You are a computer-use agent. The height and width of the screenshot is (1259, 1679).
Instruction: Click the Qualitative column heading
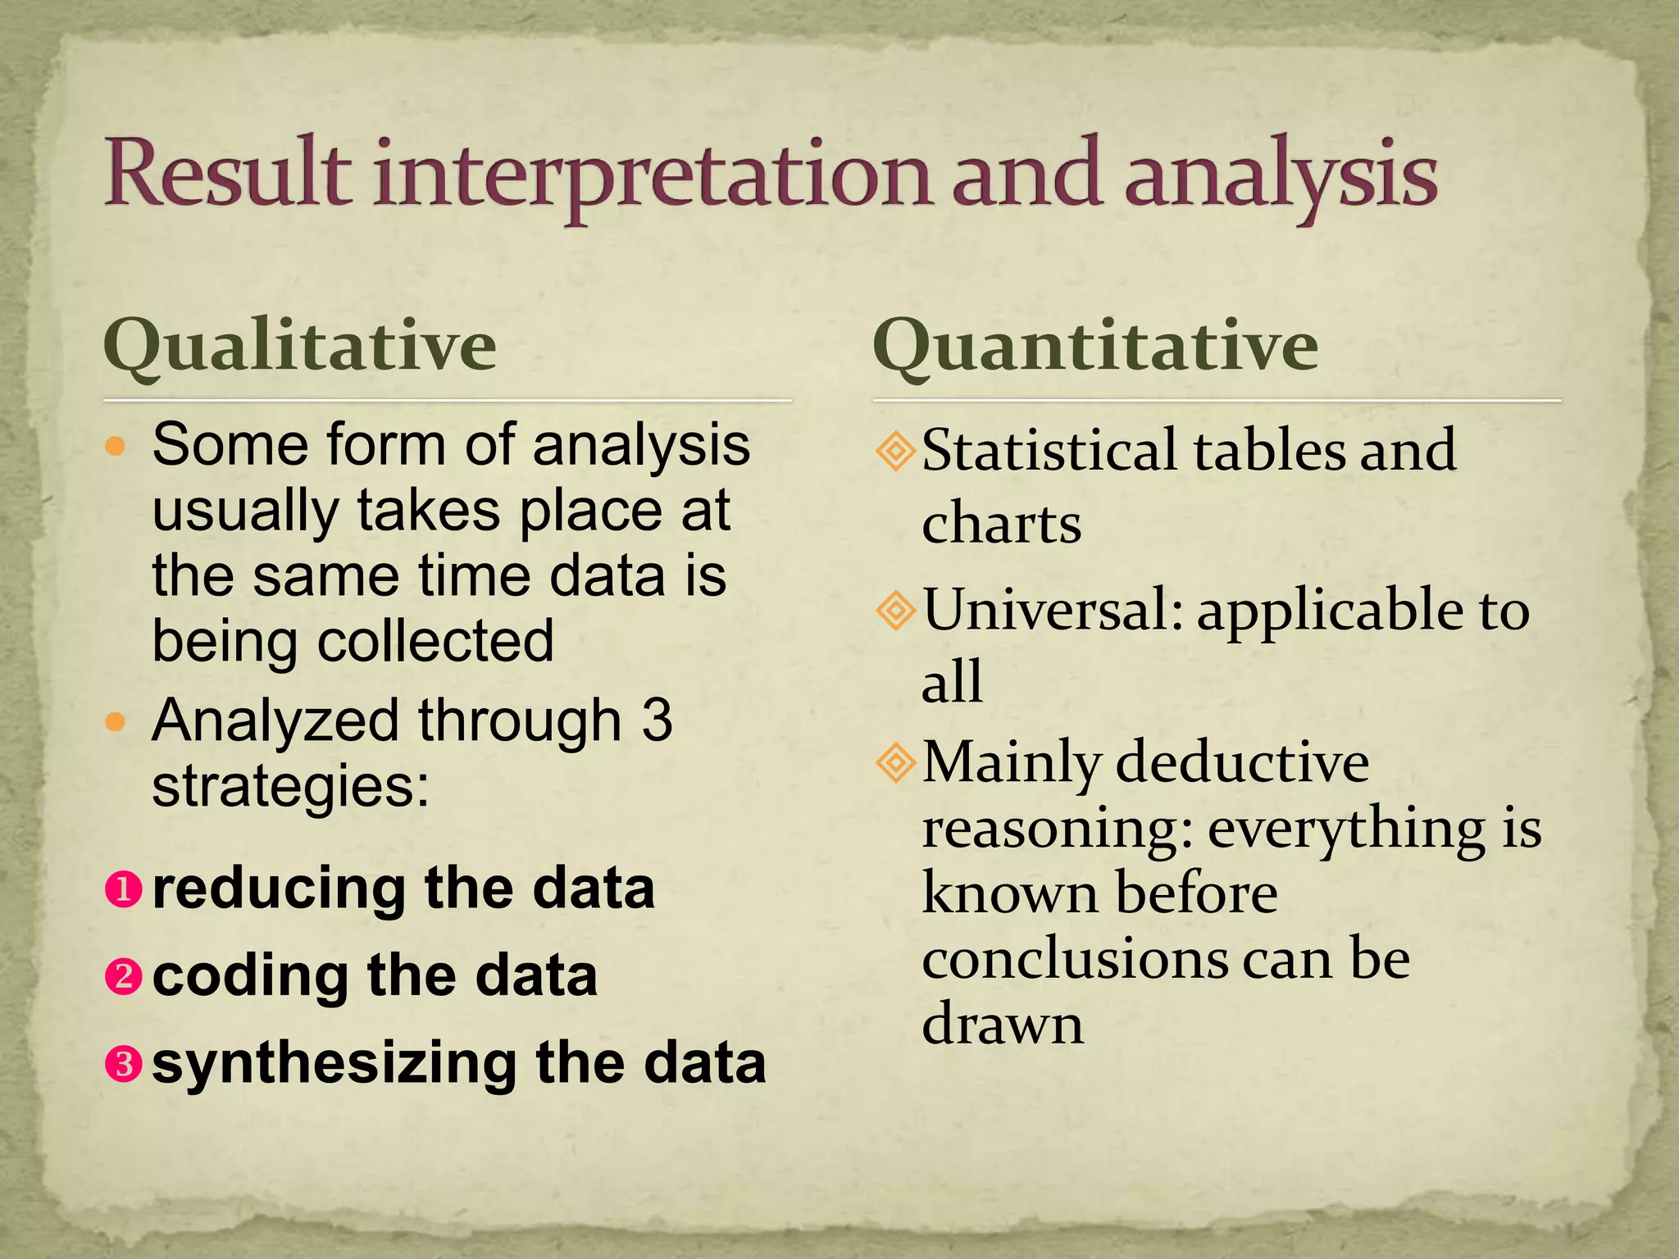point(300,345)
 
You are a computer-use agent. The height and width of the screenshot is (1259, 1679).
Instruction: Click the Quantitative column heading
point(1095,345)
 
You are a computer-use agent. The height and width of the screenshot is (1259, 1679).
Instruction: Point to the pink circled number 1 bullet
point(124,889)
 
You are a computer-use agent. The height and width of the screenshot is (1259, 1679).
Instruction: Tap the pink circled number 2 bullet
point(124,976)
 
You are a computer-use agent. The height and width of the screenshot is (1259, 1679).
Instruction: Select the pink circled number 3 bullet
point(124,1064)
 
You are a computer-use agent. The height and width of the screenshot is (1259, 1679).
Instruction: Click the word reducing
point(280,889)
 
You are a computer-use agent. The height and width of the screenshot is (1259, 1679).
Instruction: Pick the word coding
point(250,976)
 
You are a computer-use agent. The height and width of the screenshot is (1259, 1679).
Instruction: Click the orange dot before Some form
point(116,447)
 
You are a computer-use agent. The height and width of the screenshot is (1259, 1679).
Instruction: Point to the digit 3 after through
point(657,721)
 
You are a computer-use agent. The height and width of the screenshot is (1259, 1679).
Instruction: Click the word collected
point(435,641)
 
